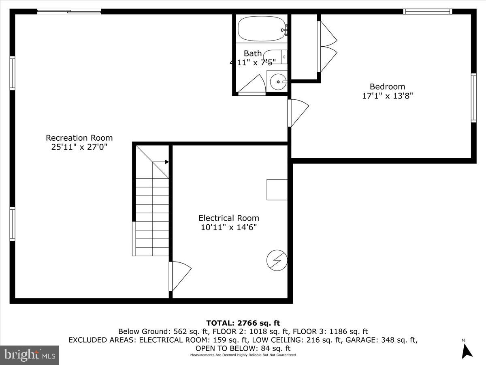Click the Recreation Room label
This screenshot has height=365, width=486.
coord(79,138)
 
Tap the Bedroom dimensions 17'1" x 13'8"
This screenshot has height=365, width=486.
coord(387,96)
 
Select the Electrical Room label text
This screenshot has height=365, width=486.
coord(228,218)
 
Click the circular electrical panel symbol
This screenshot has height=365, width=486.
coord(277,260)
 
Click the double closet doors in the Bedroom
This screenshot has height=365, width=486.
coord(327,47)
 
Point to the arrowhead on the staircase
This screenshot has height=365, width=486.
coord(166,162)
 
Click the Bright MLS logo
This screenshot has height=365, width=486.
coord(30,355)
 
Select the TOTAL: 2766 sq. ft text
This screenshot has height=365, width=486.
coord(243,323)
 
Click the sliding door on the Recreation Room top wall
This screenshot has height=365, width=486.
coord(69,12)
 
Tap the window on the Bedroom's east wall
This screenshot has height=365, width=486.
coord(473,98)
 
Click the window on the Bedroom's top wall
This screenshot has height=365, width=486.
coord(427,11)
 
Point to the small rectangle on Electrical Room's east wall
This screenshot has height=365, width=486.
coord(277,189)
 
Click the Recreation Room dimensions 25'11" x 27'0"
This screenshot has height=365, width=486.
coord(79,147)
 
